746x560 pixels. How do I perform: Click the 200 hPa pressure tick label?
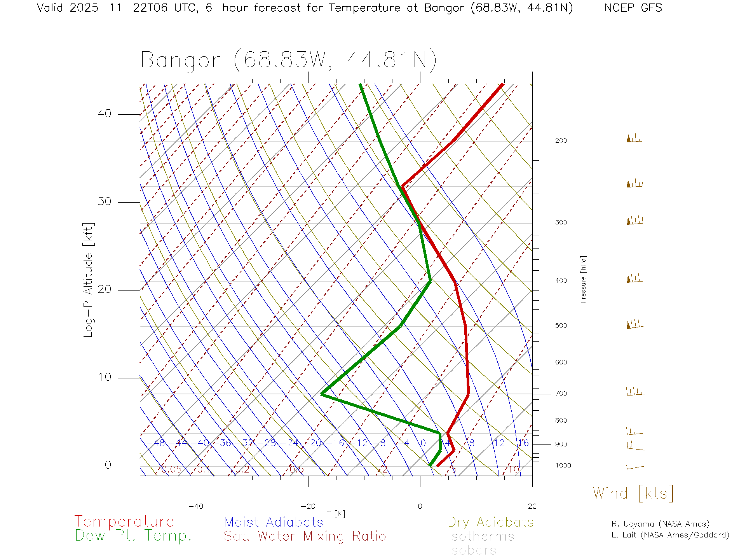coord(561,141)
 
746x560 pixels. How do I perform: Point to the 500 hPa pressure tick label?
coord(561,326)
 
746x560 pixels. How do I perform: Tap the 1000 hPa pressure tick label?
coord(563,465)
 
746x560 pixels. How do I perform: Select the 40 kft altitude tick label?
coord(104,114)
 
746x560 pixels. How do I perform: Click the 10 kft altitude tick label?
coord(104,377)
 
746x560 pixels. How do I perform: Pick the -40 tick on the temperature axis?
coord(196,506)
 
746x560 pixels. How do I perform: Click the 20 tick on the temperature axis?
coord(532,506)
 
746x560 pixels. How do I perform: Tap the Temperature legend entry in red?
coord(124,521)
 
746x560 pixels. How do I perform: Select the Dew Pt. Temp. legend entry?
coord(133,536)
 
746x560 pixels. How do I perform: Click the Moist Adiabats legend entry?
coord(274,522)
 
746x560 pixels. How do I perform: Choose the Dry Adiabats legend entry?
coord(490,522)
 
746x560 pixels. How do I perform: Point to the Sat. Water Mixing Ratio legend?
coord(305,536)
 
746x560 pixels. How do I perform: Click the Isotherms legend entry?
coord(481,536)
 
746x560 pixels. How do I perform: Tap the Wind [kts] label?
coord(633,493)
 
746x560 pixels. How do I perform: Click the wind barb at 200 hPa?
coord(635,139)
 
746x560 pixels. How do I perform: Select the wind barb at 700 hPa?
coord(635,392)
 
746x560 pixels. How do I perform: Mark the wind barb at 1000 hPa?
coord(635,467)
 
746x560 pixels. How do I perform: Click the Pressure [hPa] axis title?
coord(583,279)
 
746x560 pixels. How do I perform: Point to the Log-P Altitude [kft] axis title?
coord(89,280)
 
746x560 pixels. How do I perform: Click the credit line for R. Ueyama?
coord(661,524)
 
